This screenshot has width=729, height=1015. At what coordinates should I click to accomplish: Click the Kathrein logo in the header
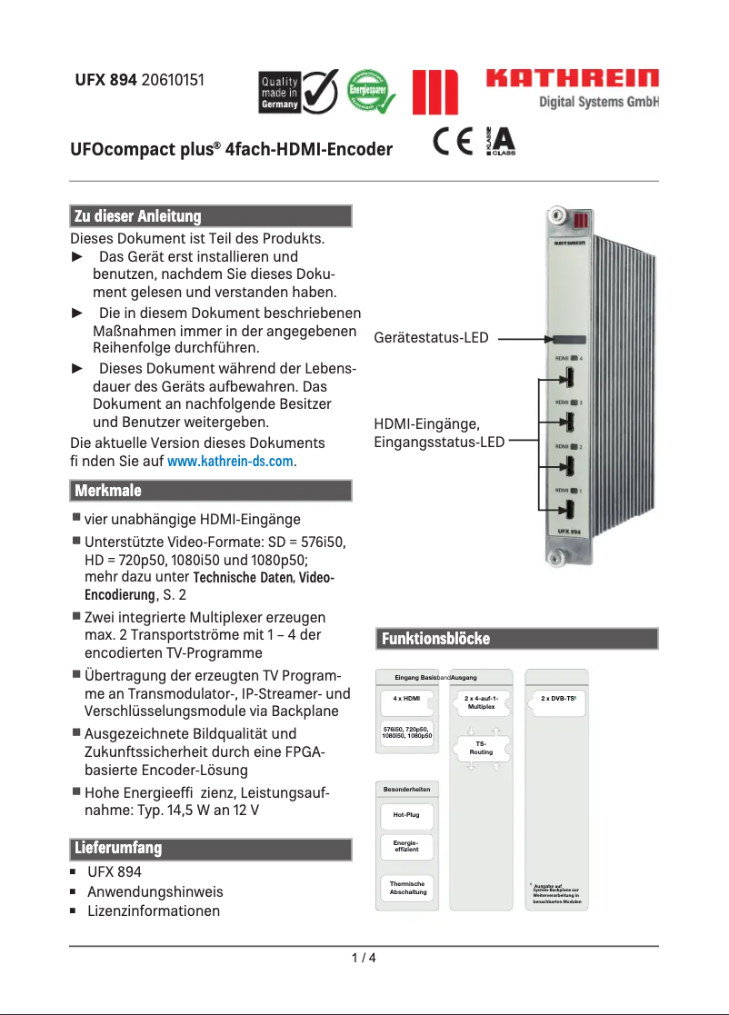click(x=572, y=79)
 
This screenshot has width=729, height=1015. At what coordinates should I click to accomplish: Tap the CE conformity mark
click(x=453, y=144)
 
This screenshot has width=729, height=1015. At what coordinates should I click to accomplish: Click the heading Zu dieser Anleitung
click(x=137, y=216)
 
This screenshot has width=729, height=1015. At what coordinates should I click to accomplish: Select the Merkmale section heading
click(x=108, y=491)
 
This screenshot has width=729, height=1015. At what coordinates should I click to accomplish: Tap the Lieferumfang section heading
click(x=117, y=849)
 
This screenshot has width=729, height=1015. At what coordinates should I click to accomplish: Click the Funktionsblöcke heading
click(x=435, y=639)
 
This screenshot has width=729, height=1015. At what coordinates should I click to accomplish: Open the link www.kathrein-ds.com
click(x=231, y=463)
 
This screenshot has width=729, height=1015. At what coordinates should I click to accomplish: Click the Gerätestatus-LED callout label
click(x=431, y=338)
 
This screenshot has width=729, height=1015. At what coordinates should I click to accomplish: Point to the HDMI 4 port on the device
click(x=569, y=377)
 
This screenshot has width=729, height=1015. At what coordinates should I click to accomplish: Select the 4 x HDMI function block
click(x=405, y=699)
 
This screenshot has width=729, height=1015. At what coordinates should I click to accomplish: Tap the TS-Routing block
click(x=481, y=748)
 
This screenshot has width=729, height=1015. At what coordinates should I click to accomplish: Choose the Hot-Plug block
click(x=405, y=815)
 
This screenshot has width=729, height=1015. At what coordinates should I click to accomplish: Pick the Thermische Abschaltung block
click(x=406, y=888)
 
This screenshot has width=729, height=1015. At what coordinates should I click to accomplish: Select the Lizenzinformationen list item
click(x=153, y=911)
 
